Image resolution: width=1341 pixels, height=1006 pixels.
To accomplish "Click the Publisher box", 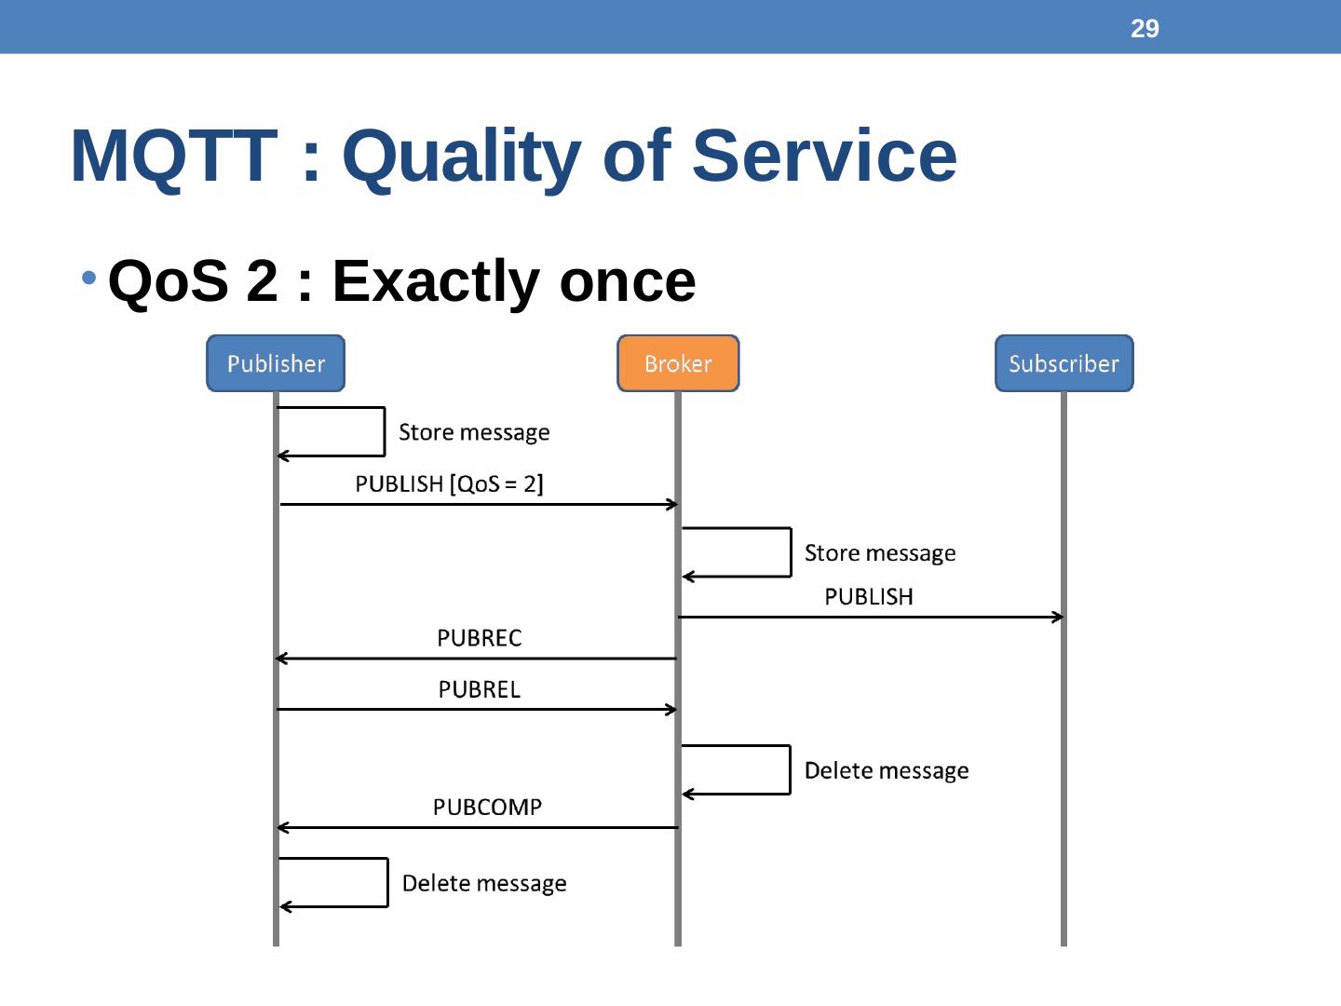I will pos(276,363).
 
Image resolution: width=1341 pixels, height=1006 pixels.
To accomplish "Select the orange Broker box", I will pos(678,363).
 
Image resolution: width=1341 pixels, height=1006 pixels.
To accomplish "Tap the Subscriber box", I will pos(1063,363).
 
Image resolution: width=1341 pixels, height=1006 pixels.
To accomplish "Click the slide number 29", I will pos(1145,29).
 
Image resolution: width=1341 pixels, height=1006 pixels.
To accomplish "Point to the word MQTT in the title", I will pos(173,156).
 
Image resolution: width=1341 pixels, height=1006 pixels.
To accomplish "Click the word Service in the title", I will pos(824,156).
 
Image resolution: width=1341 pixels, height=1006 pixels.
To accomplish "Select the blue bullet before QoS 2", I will pos(89,278).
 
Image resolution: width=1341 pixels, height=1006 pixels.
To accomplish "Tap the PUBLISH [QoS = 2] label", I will pos(449,484).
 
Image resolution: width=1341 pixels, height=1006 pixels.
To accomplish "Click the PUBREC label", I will pos(479,638).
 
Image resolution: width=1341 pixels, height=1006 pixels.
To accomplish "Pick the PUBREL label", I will pos(479,689).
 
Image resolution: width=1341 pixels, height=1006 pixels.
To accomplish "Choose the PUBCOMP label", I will pos(487,808).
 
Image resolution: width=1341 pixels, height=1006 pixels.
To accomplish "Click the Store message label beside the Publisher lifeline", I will pos(474,432).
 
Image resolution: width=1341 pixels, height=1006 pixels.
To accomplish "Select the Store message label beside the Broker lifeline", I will pos(880,553).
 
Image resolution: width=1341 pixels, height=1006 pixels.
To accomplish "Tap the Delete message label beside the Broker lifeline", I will pos(887,771).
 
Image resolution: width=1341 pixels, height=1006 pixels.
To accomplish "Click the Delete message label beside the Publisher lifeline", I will pos(484,884).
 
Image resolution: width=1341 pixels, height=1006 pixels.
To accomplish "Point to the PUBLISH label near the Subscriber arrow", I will pos(869,597).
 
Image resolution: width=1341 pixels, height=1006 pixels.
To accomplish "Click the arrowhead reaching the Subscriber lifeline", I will pos(1058,617).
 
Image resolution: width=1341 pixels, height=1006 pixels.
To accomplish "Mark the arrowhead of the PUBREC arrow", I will pos(281,659).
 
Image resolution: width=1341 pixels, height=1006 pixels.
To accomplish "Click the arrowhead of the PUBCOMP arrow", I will pos(282,827).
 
